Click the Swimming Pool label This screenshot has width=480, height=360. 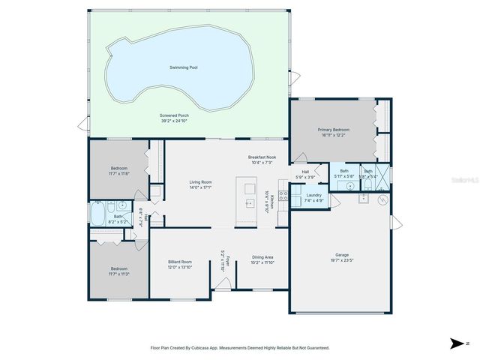pyautogui.click(x=183, y=67)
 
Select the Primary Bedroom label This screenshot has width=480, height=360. pyautogui.click(x=333, y=130)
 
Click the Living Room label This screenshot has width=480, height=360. pyautogui.click(x=200, y=182)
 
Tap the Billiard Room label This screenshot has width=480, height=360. pyautogui.click(x=180, y=262)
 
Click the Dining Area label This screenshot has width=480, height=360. pyautogui.click(x=262, y=257)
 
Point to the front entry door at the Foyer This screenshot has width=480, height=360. pyautogui.click(x=221, y=283)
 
